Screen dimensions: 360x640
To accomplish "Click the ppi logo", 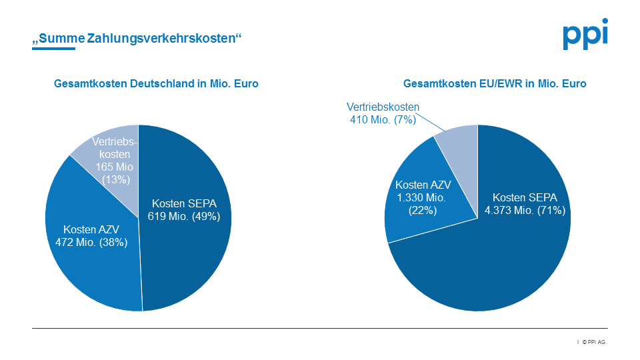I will [585, 35].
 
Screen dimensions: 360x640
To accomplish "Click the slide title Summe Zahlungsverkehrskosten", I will [137, 39].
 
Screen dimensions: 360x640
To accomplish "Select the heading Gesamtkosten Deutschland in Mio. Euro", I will [156, 84].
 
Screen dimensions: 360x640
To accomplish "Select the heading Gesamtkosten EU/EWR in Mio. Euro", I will [495, 84].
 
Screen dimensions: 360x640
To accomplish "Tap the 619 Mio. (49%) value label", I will [183, 216].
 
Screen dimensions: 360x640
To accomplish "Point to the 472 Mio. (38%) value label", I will [91, 242].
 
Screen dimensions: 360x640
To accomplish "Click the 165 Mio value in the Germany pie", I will [115, 167].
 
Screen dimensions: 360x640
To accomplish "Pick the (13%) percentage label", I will [116, 180].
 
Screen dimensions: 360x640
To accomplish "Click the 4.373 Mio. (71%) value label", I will [525, 211].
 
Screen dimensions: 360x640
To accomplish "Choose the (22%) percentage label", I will [423, 210].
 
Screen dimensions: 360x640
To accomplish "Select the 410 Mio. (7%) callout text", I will [383, 119].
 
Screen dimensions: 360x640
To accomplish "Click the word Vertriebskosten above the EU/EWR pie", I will [383, 107].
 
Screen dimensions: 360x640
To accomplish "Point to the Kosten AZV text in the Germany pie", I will [91, 229].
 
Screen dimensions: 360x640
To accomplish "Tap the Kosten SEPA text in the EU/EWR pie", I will [525, 197].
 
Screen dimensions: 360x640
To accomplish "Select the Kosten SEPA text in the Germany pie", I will [183, 203].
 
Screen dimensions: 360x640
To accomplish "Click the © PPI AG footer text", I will [593, 342].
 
